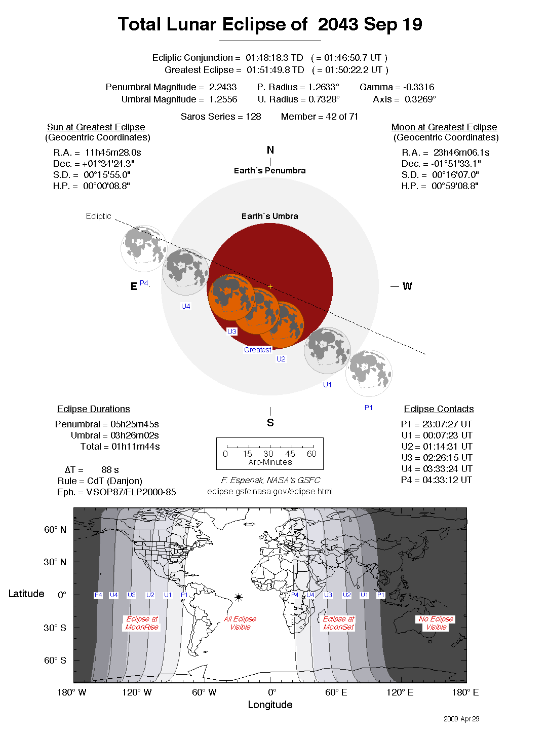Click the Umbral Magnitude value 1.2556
pyautogui.click(x=223, y=99)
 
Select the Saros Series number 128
pyautogui.click(x=253, y=117)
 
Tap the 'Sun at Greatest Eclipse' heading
pyautogui.click(x=96, y=127)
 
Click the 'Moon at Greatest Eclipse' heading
pyautogui.click(x=444, y=127)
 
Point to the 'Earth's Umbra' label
pyautogui.click(x=269, y=216)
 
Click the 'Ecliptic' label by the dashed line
pyautogui.click(x=98, y=216)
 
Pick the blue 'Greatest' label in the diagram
pyautogui.click(x=257, y=350)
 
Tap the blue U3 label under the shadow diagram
pyautogui.click(x=231, y=332)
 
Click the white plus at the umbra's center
pyautogui.click(x=270, y=287)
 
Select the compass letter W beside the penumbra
pyautogui.click(x=407, y=286)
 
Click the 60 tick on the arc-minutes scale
pyautogui.click(x=311, y=454)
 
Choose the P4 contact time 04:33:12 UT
pyautogui.click(x=447, y=480)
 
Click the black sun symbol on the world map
pyautogui.click(x=239, y=598)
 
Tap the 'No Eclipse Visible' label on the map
pyautogui.click(x=436, y=623)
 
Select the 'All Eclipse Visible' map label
pyautogui.click(x=240, y=623)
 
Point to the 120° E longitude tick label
pyautogui.click(x=400, y=692)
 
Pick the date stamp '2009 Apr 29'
pyautogui.click(x=461, y=719)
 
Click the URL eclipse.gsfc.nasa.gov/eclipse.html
pyautogui.click(x=270, y=491)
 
